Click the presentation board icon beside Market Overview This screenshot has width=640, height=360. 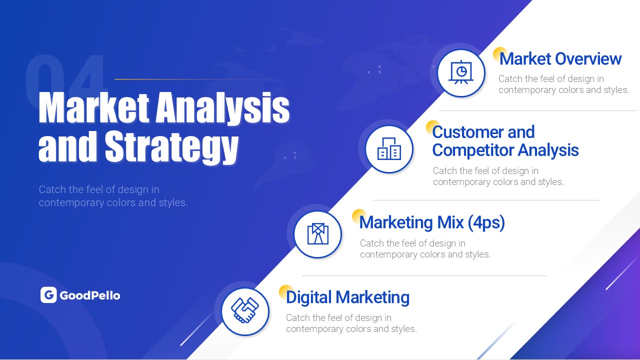(461, 73)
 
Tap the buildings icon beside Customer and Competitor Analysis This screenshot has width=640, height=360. (389, 149)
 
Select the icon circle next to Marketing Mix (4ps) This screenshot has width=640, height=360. (317, 234)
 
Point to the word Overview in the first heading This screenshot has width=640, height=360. (588, 59)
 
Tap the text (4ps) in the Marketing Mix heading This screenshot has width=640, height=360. (486, 222)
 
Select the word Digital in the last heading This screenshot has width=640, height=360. (309, 297)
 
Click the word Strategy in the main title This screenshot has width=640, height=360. (171, 147)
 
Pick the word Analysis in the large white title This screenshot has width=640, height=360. (222, 107)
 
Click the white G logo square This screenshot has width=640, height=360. (48, 295)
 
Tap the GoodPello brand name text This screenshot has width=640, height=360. (90, 295)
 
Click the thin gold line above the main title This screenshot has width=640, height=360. (194, 79)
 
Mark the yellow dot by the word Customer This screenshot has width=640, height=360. (432, 127)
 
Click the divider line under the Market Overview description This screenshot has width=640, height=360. (538, 110)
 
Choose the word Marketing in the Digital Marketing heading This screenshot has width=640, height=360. (372, 297)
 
